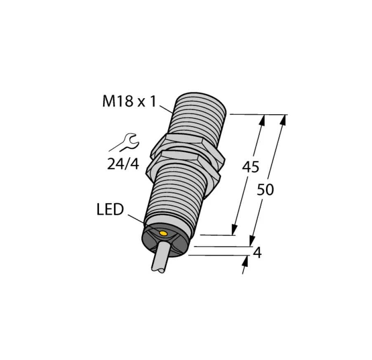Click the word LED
110,209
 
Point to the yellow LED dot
163,233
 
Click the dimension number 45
250,167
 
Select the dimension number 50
266,190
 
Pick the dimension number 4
257,252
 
